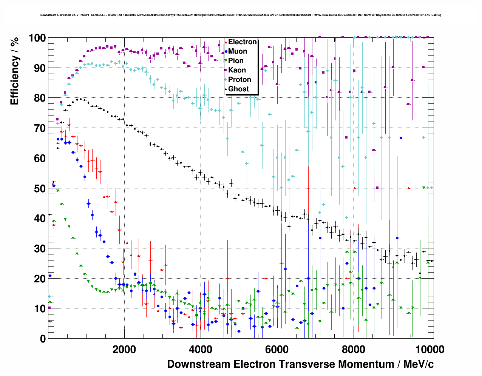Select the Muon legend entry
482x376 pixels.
[237, 51]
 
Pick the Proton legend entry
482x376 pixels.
[239, 80]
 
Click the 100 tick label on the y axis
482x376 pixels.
[37, 38]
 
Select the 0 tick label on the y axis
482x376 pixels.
[43, 339]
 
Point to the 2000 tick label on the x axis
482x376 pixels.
[124, 349]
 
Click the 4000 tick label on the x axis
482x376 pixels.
[201, 349]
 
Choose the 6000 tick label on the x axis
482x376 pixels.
[277, 349]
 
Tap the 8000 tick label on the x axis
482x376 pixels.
[353, 349]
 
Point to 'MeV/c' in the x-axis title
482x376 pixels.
[419, 364]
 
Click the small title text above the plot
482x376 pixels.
[241, 15]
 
